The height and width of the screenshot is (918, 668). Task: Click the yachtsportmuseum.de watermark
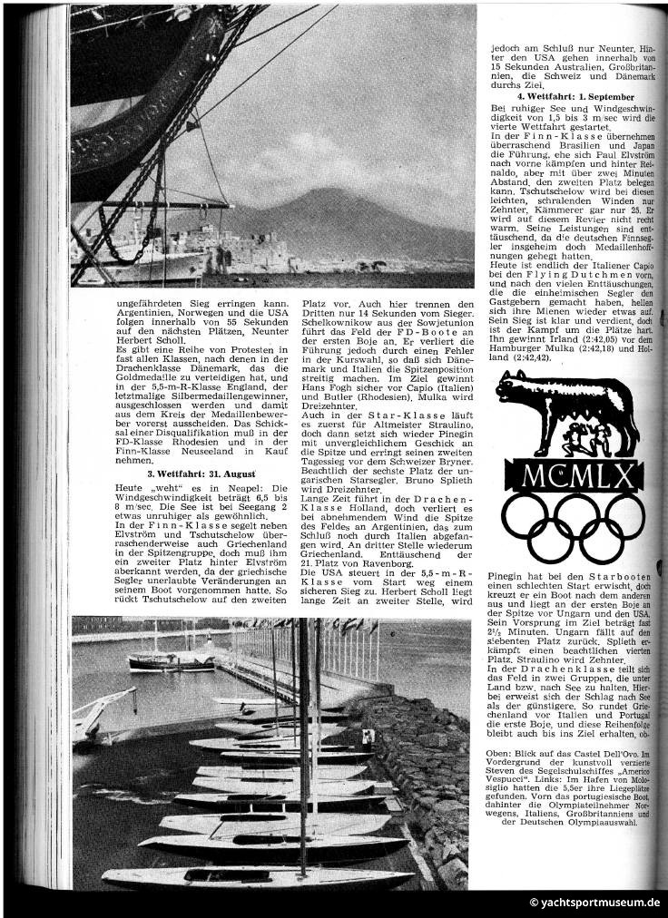(594, 903)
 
